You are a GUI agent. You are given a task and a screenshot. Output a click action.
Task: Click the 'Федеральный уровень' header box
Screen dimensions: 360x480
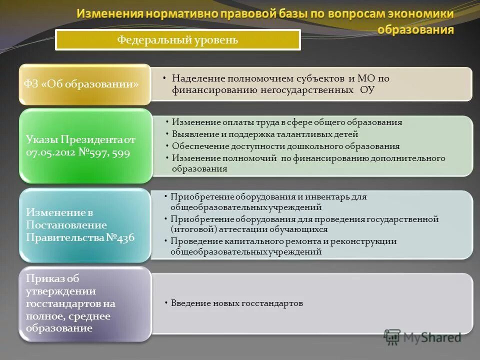(177, 40)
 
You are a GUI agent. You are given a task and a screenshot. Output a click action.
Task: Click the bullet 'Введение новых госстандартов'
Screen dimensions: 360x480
(237, 303)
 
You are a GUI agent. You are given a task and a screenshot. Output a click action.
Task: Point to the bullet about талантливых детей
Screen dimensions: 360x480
(265, 134)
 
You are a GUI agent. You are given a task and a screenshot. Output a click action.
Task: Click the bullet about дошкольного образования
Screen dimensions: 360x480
(285, 146)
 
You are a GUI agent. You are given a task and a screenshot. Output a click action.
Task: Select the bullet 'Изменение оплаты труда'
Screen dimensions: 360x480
(287, 122)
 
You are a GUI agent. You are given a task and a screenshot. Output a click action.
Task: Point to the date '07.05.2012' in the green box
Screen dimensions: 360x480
(49, 153)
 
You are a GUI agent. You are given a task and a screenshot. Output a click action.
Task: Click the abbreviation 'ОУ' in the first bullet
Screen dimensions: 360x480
(367, 90)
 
